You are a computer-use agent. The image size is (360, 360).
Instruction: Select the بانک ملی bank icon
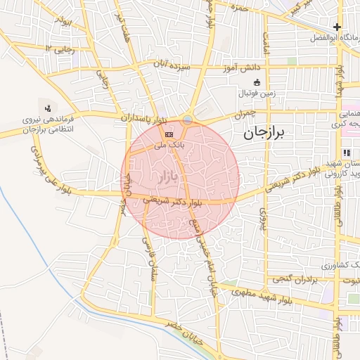[x=169, y=133]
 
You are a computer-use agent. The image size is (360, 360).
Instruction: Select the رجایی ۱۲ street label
[x=58, y=49]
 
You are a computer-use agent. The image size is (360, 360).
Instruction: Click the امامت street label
[x=266, y=42]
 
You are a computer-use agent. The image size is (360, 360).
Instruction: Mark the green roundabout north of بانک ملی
[x=187, y=120]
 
